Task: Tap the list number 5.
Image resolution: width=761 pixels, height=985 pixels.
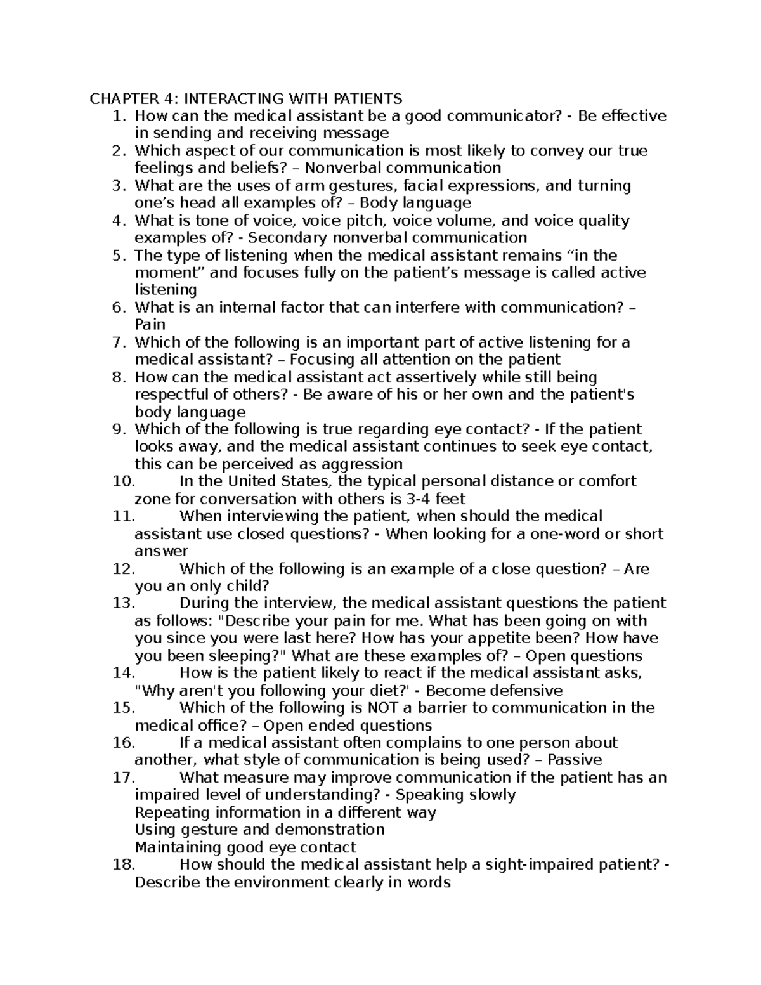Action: coord(117,255)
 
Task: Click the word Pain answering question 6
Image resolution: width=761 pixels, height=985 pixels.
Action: coord(150,325)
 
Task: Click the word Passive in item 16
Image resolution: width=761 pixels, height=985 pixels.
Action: coord(575,760)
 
